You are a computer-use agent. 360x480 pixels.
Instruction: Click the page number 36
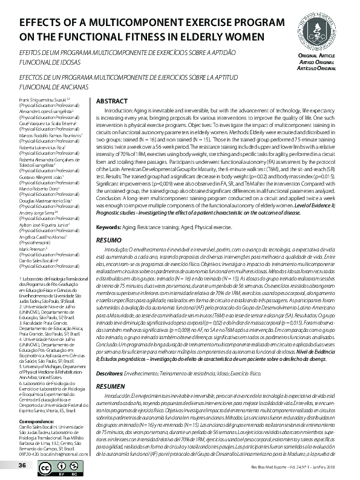click(x=22, y=465)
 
